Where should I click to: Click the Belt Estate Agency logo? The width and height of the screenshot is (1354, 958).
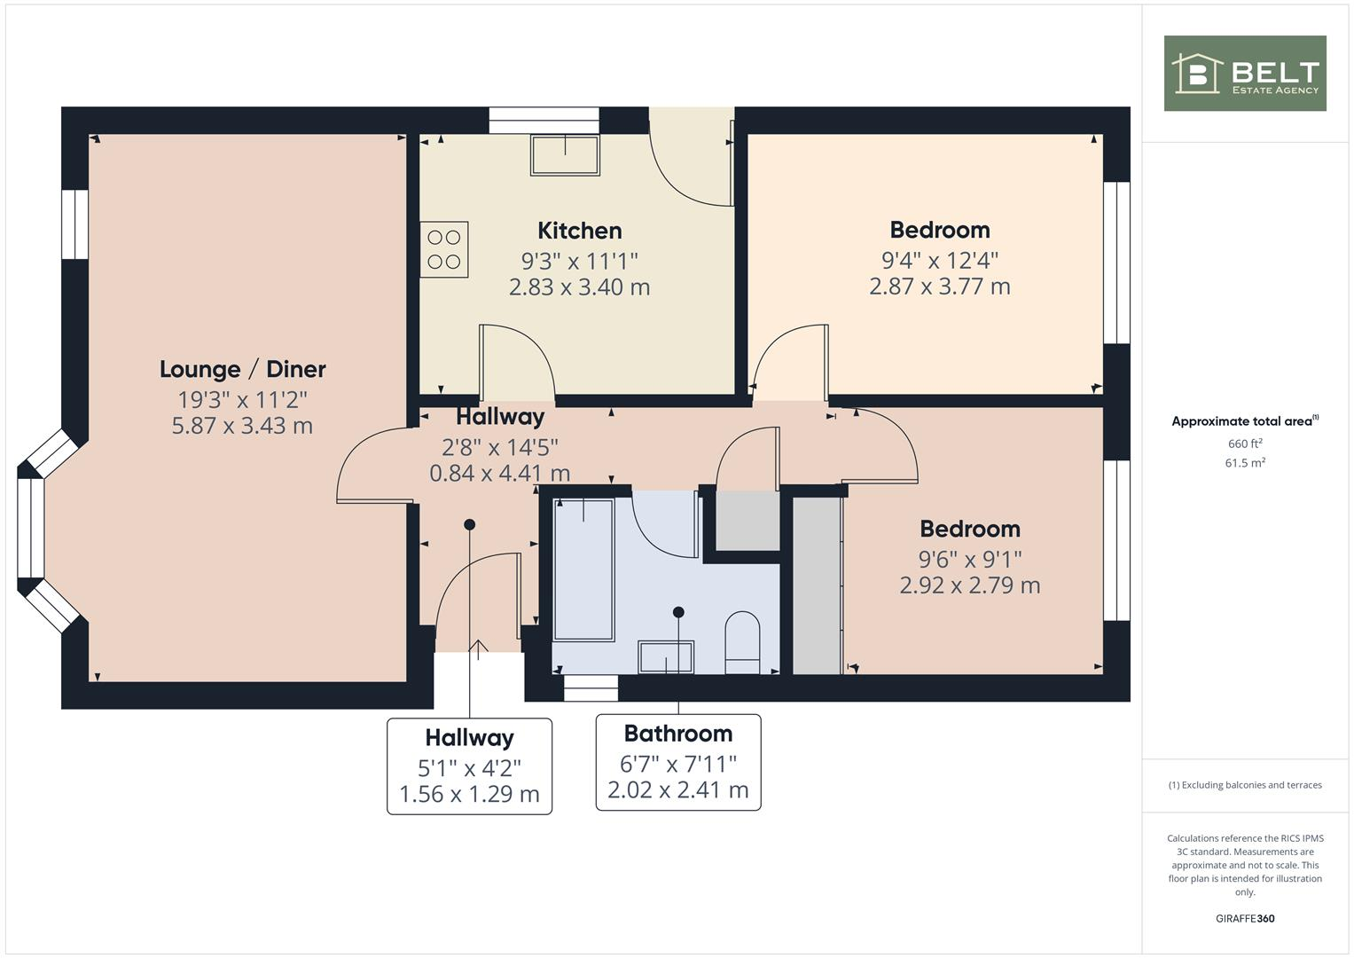pyautogui.click(x=1244, y=73)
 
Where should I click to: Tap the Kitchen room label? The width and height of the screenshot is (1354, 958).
pyautogui.click(x=579, y=231)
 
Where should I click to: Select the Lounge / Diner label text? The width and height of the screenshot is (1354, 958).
pyautogui.click(x=242, y=369)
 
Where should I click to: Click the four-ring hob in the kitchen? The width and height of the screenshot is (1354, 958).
pyautogui.click(x=444, y=249)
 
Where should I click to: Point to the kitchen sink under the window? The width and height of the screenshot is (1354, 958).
pyautogui.click(x=565, y=154)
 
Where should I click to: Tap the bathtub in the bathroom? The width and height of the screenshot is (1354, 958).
pyautogui.click(x=583, y=568)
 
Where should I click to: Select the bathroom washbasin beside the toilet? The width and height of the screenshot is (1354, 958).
pyautogui.click(x=666, y=656)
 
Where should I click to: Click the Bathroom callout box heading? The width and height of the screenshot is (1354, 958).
pyautogui.click(x=677, y=734)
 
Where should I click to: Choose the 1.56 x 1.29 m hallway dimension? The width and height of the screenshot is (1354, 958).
pyautogui.click(x=469, y=794)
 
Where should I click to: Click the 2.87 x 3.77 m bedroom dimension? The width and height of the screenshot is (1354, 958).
pyautogui.click(x=939, y=287)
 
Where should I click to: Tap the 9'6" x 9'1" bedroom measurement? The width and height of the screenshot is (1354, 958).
pyautogui.click(x=969, y=559)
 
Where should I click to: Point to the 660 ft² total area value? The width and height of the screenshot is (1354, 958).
pyautogui.click(x=1244, y=444)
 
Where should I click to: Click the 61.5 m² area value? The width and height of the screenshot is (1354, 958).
pyautogui.click(x=1244, y=463)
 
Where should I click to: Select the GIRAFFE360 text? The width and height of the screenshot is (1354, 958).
pyautogui.click(x=1244, y=918)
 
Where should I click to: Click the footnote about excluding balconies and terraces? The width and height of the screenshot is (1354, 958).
pyautogui.click(x=1244, y=785)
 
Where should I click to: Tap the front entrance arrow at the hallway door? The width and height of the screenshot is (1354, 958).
pyautogui.click(x=479, y=649)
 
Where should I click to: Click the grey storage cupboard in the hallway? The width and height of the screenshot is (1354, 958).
pyautogui.click(x=747, y=520)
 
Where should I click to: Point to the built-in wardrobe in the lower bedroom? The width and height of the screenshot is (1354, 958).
pyautogui.click(x=816, y=585)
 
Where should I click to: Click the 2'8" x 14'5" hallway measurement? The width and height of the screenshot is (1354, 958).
pyautogui.click(x=499, y=447)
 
